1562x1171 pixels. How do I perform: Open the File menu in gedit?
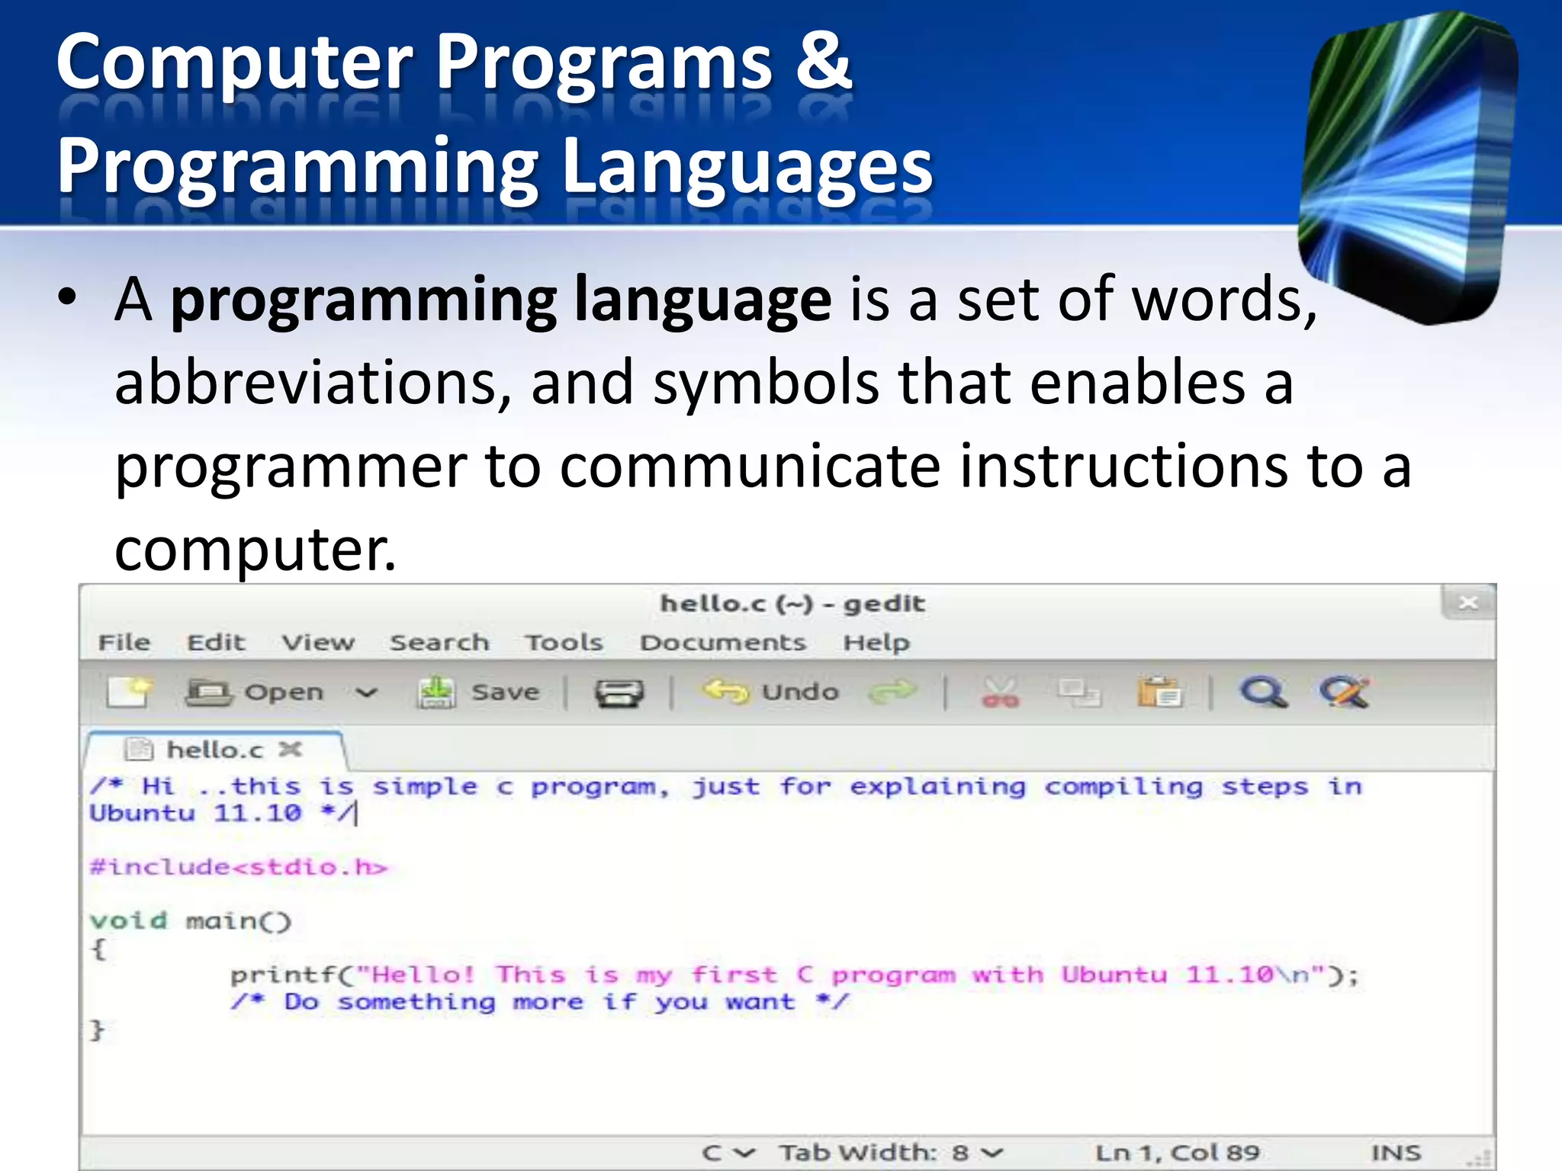coord(124,643)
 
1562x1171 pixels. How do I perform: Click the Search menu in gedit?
coord(439,643)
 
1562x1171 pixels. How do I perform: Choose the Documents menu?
coord(722,643)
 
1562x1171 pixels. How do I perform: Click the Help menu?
coord(876,643)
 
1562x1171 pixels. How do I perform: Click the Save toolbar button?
coord(479,692)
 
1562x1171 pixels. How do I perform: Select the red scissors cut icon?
coord(1001,692)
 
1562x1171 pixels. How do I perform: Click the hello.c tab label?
coord(214,750)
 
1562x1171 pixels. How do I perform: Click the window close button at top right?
coord(1468,603)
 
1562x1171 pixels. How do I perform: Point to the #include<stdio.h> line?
coord(238,868)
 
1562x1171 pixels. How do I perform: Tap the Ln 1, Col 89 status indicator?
coord(1178,1152)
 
